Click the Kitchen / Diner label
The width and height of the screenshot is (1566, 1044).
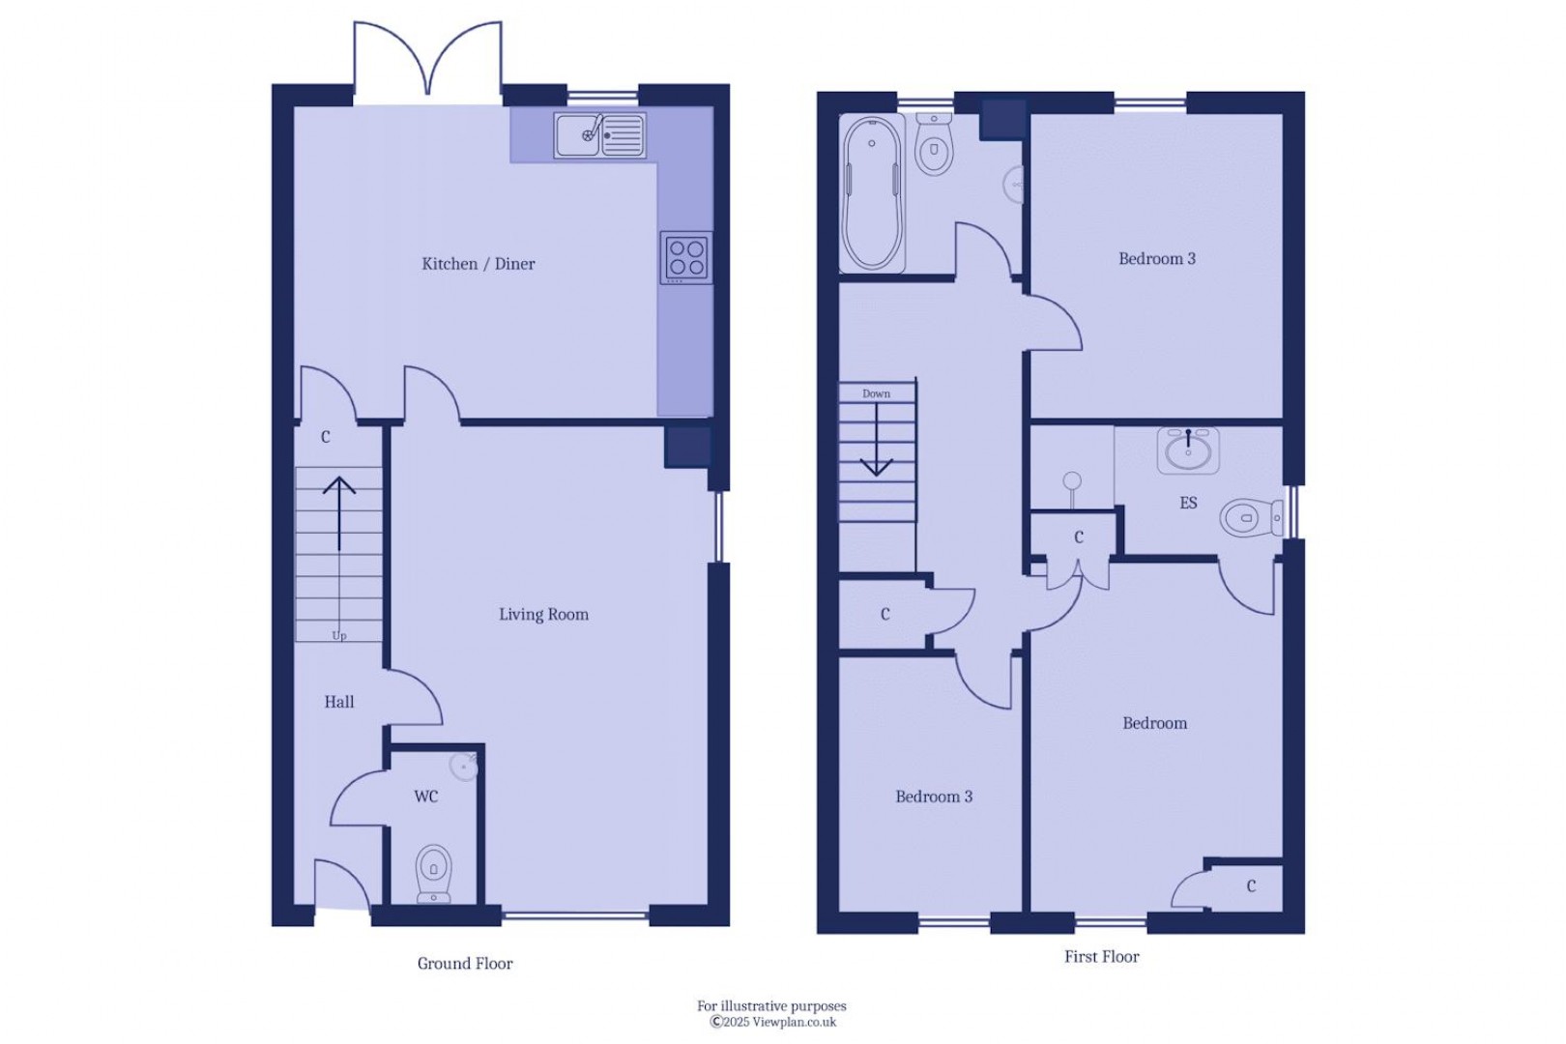478,264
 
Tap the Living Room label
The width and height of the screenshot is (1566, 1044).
543,614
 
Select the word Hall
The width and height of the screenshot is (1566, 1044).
339,702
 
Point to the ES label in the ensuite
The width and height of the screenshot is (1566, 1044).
1188,502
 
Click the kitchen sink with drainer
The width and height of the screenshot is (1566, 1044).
600,135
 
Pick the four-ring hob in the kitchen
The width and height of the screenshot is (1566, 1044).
686,257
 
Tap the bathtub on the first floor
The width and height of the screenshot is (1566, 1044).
872,193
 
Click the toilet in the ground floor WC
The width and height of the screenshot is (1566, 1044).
433,873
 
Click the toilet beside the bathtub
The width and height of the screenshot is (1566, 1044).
933,143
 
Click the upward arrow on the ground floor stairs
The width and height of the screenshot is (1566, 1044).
339,514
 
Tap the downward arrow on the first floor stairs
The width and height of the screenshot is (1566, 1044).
876,441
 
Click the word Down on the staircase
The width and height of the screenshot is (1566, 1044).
876,393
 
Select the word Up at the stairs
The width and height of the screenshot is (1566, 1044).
339,636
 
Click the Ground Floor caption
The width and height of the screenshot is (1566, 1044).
465,964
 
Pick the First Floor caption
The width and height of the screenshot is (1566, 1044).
1102,957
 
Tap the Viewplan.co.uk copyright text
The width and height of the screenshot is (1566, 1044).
773,1022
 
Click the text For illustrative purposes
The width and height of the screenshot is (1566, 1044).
771,1005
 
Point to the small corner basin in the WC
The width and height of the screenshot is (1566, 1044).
464,768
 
